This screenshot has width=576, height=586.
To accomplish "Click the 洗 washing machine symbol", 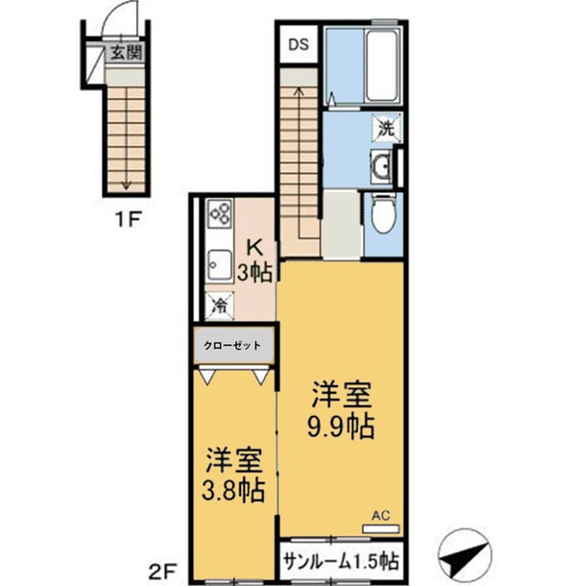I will pos(383,129).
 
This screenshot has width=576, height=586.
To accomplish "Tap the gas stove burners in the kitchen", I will pos(219,213).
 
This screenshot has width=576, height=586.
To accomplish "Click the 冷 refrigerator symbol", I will pos(220,305).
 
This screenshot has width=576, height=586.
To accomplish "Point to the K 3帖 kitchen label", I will pos(255,260).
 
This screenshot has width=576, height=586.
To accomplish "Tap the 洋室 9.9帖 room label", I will pos(340,408).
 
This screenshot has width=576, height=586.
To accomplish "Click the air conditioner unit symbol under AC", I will pos(380,525).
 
